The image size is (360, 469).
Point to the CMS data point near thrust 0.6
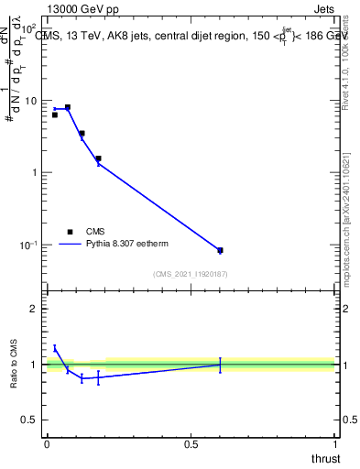tap(220, 250)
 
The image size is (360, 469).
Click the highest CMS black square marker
tap(67, 107)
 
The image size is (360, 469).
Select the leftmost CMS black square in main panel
tap(55, 115)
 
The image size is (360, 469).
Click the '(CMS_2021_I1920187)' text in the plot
tap(190, 274)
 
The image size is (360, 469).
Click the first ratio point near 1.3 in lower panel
tap(55, 348)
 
